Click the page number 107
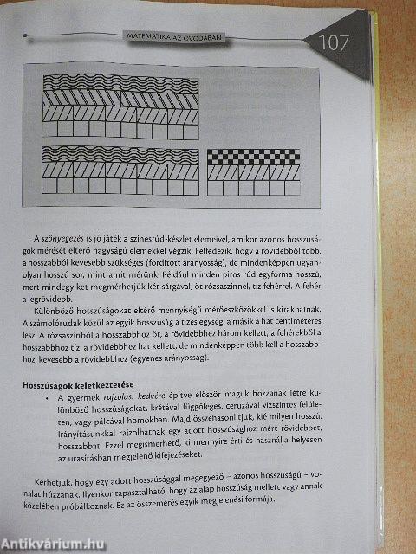[334, 42]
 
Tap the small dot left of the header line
[26, 37]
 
